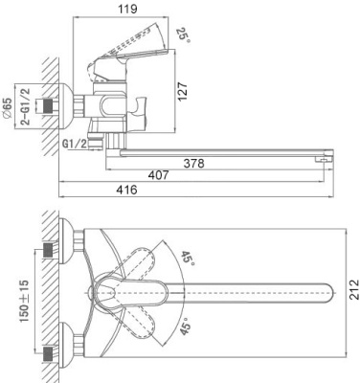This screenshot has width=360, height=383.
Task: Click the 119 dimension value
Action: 127,9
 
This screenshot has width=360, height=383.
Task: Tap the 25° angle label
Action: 184,35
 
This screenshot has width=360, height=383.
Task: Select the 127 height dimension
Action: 182,92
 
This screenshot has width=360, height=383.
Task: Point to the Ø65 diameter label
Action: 7,107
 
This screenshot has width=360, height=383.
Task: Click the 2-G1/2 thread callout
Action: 25,106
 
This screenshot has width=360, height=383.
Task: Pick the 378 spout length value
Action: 193,164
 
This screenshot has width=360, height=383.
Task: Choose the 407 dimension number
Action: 158,175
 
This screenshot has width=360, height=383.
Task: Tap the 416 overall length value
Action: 126,190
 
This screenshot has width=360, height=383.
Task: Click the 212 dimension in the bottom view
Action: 353,289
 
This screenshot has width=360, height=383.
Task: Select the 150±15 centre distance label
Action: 25,301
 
